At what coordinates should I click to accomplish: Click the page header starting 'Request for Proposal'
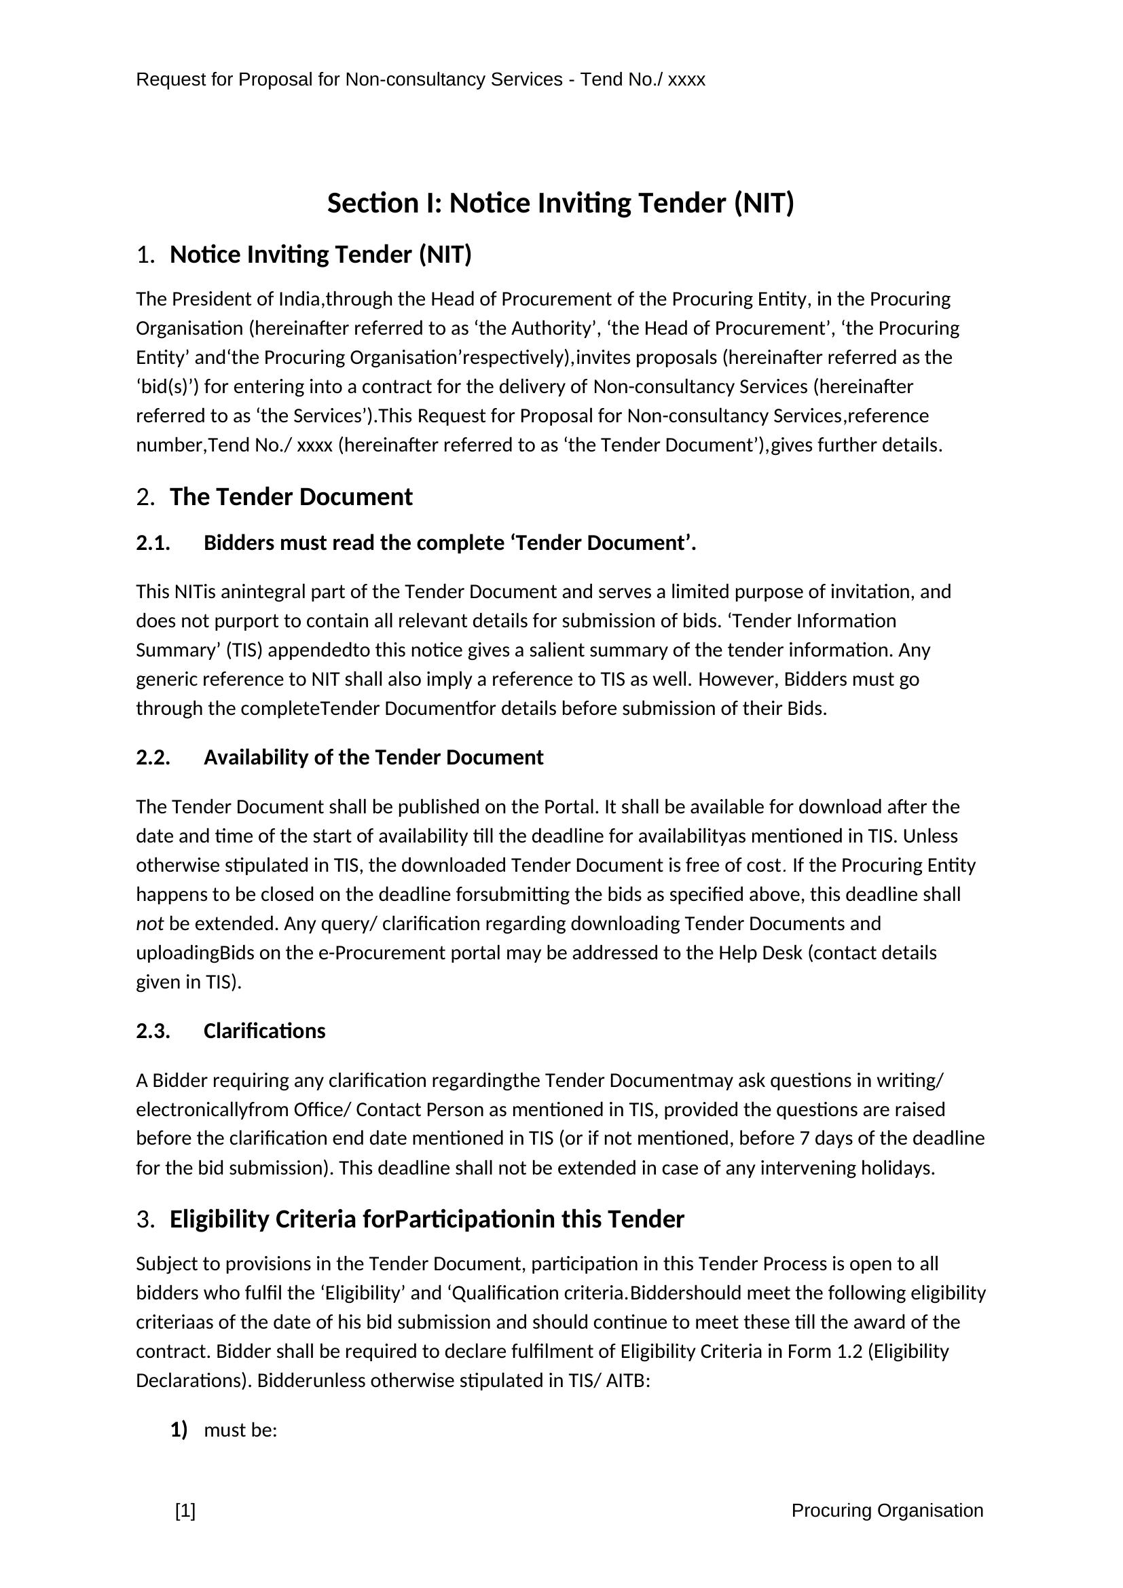pyautogui.click(x=420, y=79)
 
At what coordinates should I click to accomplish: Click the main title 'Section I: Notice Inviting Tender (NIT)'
pyautogui.click(x=560, y=204)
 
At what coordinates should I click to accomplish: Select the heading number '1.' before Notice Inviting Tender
pyautogui.click(x=145, y=255)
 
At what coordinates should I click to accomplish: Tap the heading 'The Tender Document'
pyautogui.click(x=291, y=497)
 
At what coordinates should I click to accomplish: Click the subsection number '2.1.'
pyautogui.click(x=153, y=543)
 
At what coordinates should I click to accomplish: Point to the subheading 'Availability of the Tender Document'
pyautogui.click(x=373, y=758)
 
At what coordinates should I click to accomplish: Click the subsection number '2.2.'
pyautogui.click(x=153, y=758)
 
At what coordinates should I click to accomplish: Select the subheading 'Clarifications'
pyautogui.click(x=264, y=1031)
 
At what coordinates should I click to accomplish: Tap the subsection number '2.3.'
pyautogui.click(x=153, y=1031)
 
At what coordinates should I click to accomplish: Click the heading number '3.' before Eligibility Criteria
pyautogui.click(x=145, y=1219)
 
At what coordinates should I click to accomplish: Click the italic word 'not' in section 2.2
pyautogui.click(x=149, y=924)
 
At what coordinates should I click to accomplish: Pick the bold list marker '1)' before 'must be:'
pyautogui.click(x=179, y=1430)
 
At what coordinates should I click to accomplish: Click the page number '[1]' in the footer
pyautogui.click(x=185, y=1511)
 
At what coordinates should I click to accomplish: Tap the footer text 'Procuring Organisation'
pyautogui.click(x=887, y=1511)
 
